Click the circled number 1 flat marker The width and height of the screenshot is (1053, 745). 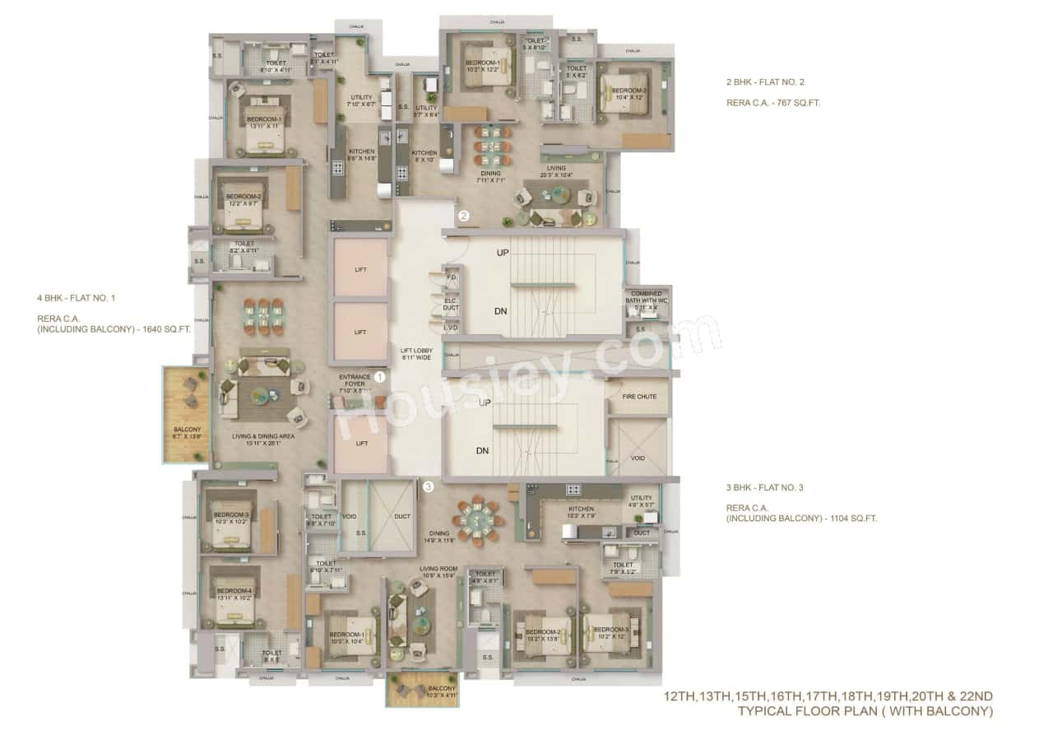380,376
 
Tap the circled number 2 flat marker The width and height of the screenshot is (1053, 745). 464,217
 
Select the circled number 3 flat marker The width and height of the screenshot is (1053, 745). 428,487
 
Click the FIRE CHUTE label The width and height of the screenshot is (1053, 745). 639,397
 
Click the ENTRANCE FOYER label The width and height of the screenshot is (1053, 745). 355,380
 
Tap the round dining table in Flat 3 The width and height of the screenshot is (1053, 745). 478,519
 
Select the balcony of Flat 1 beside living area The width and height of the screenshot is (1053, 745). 185,414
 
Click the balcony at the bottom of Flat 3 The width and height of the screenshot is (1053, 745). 422,687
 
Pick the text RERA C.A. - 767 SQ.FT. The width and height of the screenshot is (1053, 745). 772,104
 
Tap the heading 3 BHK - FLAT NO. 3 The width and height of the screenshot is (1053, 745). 764,487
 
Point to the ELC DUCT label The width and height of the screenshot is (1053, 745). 451,305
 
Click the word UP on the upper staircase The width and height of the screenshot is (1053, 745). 502,254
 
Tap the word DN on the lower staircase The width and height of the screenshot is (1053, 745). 484,450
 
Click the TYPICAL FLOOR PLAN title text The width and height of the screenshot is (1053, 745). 865,711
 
